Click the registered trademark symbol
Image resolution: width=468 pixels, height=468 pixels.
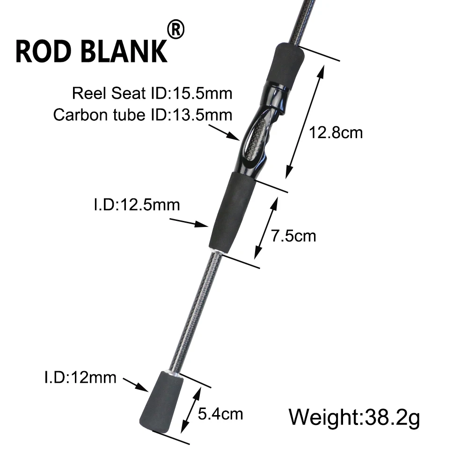tap(176, 29)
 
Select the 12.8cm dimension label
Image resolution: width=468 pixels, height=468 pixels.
tap(336, 132)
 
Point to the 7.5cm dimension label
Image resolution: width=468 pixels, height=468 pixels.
tap(293, 236)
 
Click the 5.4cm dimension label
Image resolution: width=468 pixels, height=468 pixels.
tap(220, 414)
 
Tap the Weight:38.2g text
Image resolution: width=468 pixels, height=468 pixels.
tap(354, 417)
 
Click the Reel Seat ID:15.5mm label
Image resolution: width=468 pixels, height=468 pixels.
tap(152, 93)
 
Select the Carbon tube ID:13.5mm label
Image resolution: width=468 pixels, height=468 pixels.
tap(143, 115)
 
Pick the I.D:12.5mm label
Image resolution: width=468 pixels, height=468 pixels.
tap(137, 205)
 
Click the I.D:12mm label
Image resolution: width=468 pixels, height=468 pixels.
tap(80, 377)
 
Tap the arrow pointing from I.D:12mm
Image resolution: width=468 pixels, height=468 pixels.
tap(136, 385)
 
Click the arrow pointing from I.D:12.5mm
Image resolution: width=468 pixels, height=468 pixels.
tap(189, 223)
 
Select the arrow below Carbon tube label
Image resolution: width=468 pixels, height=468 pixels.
tap(224, 132)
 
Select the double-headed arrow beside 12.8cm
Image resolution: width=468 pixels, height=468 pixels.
tap(305, 122)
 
